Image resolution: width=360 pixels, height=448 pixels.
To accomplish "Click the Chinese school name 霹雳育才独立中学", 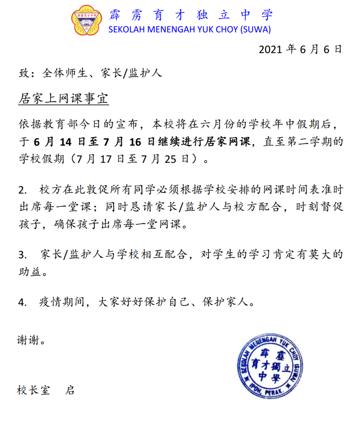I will [191, 15].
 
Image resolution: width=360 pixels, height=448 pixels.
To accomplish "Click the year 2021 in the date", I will [270, 50].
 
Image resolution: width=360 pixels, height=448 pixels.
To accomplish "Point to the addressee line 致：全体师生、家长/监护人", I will [90, 73].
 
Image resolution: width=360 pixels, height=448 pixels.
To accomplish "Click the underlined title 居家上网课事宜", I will [63, 98].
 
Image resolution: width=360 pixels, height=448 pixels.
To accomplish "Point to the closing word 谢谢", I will [28, 341].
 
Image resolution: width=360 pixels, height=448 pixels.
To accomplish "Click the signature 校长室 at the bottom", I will [33, 391].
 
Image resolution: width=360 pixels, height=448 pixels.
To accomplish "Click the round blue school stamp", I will [270, 367].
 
